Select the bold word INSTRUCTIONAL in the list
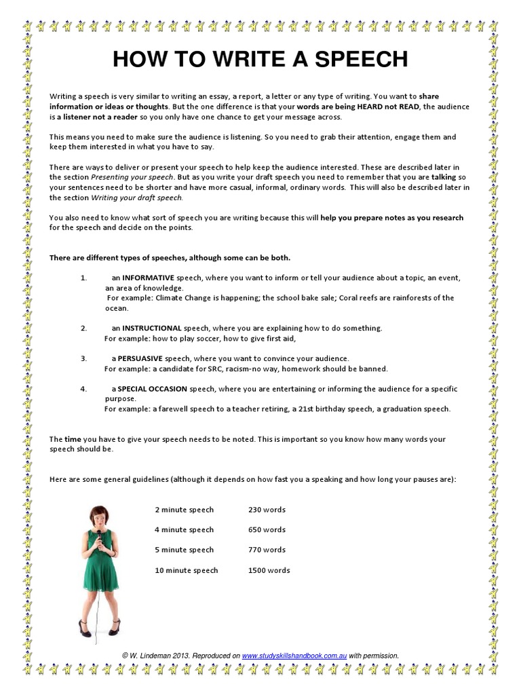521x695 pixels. tap(153, 328)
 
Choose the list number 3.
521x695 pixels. tap(83, 358)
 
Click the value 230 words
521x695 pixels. tap(267, 510)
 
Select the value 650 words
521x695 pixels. tap(267, 529)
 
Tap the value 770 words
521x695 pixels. tap(267, 550)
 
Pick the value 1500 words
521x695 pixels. tap(269, 570)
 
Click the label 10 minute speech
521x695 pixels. tap(187, 570)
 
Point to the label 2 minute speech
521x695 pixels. tap(184, 510)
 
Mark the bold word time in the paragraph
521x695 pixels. tap(73, 440)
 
